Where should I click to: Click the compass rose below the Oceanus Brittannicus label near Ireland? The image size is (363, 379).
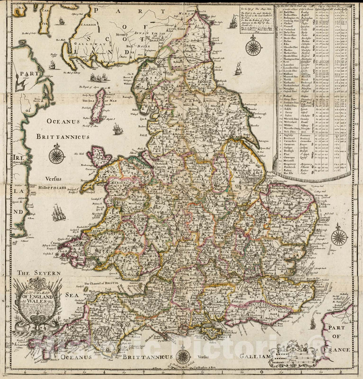point(57,156)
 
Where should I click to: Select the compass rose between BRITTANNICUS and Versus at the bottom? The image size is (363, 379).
point(183,356)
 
